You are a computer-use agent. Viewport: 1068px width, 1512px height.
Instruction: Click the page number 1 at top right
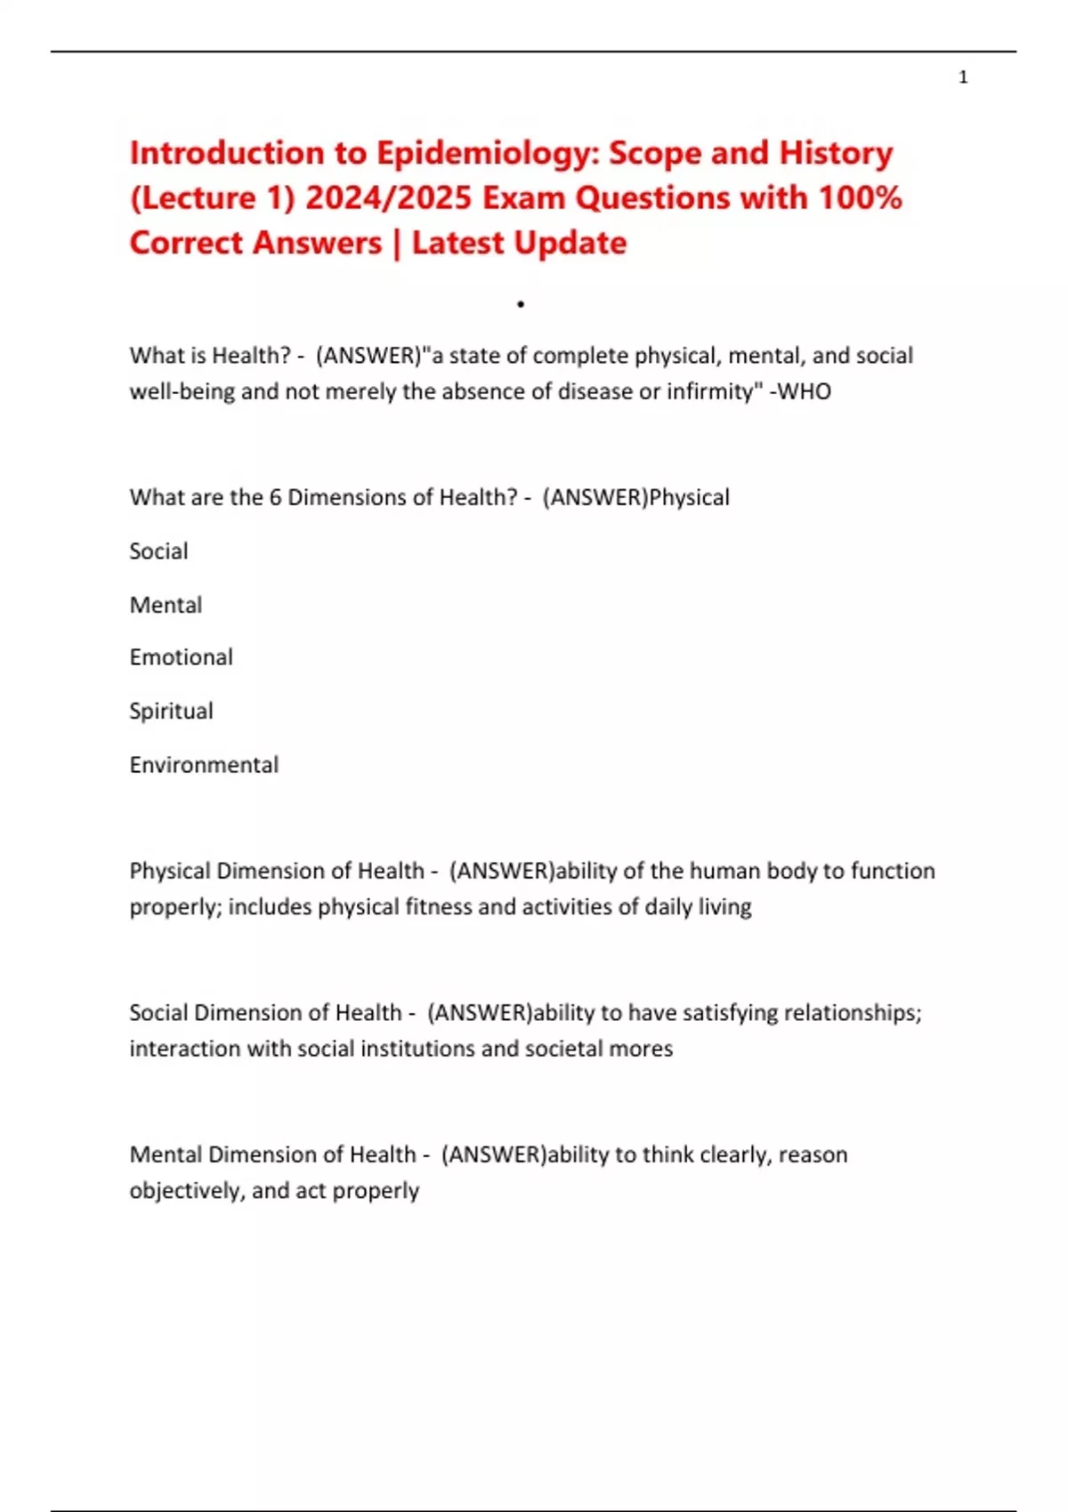point(963,77)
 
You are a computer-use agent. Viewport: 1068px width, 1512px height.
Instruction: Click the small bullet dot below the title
point(520,305)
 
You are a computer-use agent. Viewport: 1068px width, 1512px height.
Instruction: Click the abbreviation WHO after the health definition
point(805,391)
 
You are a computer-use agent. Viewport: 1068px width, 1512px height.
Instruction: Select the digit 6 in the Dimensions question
point(275,497)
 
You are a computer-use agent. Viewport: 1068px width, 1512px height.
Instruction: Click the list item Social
point(158,551)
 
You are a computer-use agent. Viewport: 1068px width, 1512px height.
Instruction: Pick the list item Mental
point(166,605)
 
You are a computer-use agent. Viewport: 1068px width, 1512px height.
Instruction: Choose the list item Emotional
point(181,657)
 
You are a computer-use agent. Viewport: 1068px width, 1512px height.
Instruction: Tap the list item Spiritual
point(171,712)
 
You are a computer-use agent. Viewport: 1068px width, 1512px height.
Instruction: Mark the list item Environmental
point(204,765)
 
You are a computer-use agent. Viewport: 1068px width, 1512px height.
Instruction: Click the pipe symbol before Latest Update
point(396,243)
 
